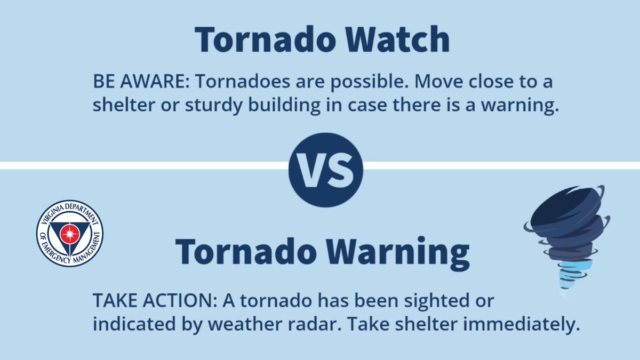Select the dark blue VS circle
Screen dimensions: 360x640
[325, 170]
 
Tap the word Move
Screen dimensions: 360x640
[424, 83]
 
